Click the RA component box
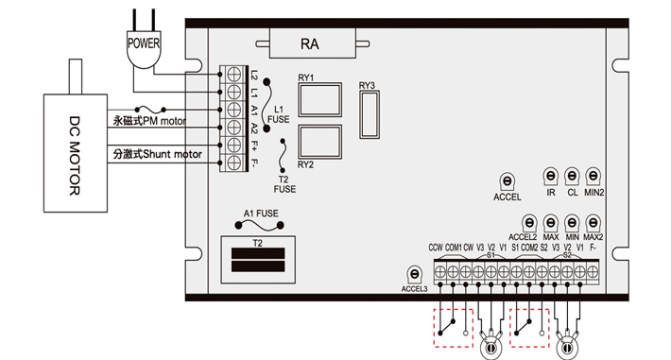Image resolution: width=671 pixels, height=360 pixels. (313, 43)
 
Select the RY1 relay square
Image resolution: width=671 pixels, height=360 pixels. (319, 100)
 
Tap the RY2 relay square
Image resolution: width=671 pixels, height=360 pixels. (319, 142)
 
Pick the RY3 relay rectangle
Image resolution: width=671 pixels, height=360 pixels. (370, 114)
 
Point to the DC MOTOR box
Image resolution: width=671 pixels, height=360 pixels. (76, 153)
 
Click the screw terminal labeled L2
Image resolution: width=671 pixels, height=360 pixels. (233, 75)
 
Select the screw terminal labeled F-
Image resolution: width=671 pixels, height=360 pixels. (233, 163)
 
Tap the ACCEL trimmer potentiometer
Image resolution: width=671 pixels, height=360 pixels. (508, 181)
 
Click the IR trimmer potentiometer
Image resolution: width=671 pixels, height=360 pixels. (551, 176)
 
